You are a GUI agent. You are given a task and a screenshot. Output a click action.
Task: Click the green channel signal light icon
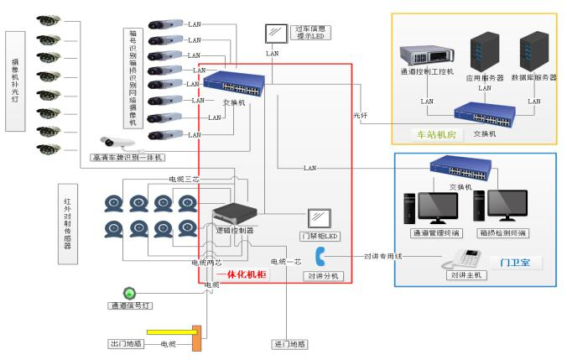(128, 293)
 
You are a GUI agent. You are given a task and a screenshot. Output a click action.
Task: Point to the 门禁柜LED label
(320, 236)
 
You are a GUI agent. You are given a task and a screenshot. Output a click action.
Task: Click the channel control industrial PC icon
(426, 56)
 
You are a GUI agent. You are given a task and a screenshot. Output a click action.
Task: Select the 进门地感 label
(290, 344)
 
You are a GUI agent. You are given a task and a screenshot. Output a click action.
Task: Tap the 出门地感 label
(127, 344)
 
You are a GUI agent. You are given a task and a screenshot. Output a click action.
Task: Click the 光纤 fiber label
(361, 114)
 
